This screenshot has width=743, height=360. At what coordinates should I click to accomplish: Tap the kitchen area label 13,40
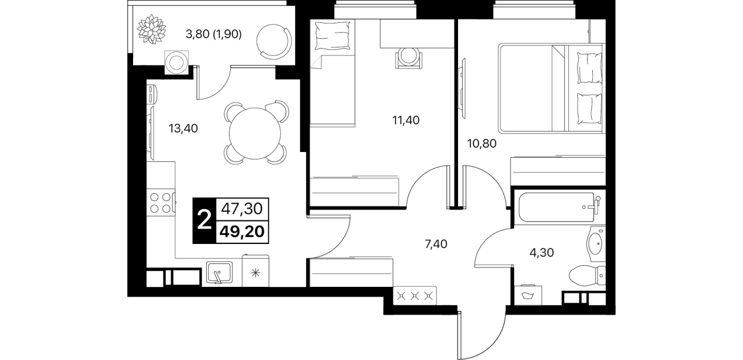(x=183, y=129)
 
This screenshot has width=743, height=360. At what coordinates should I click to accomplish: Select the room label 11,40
(x=405, y=120)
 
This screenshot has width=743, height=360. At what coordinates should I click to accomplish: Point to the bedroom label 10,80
(x=481, y=143)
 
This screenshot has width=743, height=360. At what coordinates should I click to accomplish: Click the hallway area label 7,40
(x=436, y=244)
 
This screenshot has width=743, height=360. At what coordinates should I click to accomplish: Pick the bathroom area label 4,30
(x=541, y=253)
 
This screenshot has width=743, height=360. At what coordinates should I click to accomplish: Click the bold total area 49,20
(x=242, y=231)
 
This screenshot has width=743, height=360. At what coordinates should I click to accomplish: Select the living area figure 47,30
(x=242, y=209)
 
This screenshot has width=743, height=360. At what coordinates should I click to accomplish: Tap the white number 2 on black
(x=204, y=221)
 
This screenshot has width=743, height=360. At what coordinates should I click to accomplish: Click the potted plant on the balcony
(x=151, y=29)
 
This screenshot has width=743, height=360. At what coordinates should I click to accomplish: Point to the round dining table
(x=255, y=133)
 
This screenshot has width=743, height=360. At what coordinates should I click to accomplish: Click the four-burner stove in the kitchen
(x=161, y=203)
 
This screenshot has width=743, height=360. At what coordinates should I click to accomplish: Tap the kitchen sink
(x=219, y=272)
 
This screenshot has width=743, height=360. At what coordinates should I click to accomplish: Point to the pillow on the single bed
(x=332, y=36)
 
